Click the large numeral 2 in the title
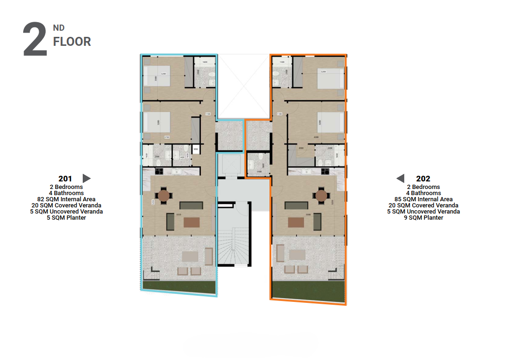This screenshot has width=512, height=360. coord(35,40)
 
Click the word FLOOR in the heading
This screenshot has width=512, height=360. coord(72,42)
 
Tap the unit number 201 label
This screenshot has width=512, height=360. coord(65,179)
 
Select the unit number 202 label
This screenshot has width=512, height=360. coord(423,179)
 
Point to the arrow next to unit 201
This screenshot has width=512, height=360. coord(86,179)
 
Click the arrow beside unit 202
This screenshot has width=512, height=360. coord(400,179)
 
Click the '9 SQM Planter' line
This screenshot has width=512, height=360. coord(423,218)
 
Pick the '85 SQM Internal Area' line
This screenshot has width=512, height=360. coord(423,199)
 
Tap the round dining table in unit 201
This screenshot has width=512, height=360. coord(164,195)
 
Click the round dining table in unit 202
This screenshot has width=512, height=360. coord(321,195)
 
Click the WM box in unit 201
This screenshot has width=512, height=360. coord(195,150)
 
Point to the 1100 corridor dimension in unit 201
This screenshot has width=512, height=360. coord(208,114)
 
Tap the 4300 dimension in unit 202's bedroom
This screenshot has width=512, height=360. coord(315,137)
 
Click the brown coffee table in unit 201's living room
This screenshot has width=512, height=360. coord(191,222)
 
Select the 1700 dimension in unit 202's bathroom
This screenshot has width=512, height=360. coord(259,172)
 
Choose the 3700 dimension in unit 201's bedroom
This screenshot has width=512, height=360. coord(166,137)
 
